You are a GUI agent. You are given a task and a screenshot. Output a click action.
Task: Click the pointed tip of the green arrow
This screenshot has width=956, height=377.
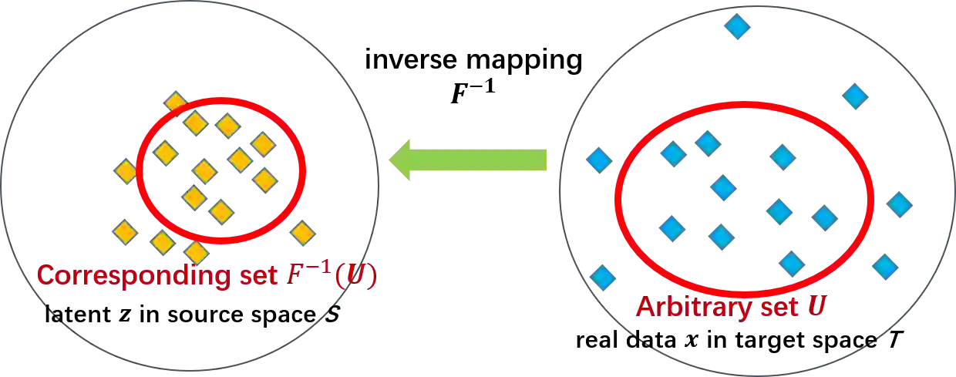(392, 160)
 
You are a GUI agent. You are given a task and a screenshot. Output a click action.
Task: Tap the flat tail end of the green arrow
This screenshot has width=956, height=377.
(547, 160)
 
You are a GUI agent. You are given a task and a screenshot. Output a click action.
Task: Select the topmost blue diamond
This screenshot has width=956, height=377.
(738, 28)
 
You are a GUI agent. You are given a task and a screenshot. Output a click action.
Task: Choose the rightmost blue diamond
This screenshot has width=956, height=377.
(900, 205)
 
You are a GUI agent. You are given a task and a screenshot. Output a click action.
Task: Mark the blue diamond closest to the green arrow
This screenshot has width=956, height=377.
(599, 160)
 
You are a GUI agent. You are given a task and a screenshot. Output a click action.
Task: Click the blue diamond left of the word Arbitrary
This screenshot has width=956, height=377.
(603, 278)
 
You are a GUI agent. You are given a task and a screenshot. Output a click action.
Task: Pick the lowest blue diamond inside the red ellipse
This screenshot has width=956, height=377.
(792, 263)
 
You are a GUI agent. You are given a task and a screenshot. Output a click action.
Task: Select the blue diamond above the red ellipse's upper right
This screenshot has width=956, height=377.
(854, 96)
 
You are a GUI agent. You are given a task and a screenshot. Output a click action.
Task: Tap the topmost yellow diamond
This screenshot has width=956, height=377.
(176, 103)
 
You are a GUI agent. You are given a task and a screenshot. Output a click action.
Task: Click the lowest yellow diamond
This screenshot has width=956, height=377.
(197, 252)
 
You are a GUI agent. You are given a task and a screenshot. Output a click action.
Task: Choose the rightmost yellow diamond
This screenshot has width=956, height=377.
(303, 233)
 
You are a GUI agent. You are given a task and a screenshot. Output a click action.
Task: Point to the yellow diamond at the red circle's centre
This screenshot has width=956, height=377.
(204, 170)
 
